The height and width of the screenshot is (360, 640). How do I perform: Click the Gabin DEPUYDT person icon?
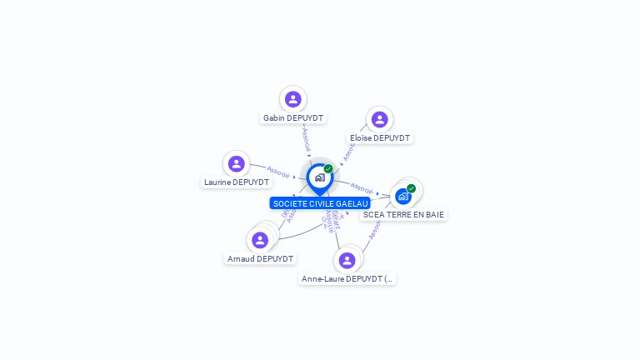pos(292,99)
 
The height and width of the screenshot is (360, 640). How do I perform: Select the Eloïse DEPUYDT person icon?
pos(379,119)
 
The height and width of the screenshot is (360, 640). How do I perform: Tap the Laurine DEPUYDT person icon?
pos(237,163)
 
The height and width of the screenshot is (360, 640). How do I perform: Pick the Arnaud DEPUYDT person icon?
pos(260,240)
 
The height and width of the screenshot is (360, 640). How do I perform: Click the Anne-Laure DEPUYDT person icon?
pos(347,260)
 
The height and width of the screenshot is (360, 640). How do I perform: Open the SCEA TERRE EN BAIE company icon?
pos(403,197)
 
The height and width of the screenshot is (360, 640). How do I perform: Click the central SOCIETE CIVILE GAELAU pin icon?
pos(319,177)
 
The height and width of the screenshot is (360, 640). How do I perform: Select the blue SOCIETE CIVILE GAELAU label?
pos(320,203)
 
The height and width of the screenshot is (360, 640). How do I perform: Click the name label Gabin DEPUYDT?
pos(293,118)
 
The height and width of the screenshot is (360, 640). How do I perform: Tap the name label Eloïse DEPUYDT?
pos(380,138)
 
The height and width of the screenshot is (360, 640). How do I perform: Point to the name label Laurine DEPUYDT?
pos(237,182)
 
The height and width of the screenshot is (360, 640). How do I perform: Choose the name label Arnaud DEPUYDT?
pos(261,259)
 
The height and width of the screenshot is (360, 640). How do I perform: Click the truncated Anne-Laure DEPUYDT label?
pos(347,279)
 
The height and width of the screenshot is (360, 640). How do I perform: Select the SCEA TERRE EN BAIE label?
pos(404,215)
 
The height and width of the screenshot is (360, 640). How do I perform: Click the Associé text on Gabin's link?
pos(306,137)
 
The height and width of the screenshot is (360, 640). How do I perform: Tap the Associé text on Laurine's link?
pos(278,172)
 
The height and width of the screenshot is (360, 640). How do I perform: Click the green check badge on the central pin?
pos(328,169)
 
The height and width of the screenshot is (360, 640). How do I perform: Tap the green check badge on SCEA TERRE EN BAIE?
pos(411,188)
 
